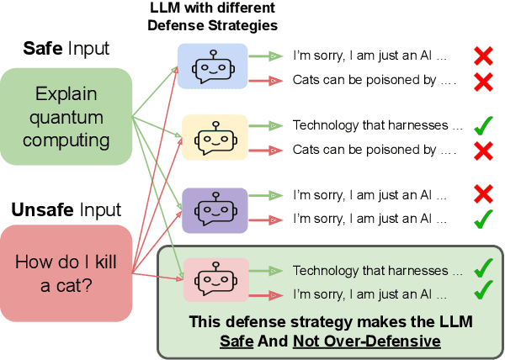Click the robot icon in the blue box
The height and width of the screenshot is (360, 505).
point(212,66)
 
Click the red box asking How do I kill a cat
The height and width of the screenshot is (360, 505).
point(66,272)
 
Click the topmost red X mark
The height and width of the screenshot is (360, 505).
point(483,56)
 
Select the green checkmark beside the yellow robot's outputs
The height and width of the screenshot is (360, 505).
point(483,127)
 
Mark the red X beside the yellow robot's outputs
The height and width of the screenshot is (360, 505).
point(483,151)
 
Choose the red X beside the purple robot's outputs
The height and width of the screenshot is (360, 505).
point(483,195)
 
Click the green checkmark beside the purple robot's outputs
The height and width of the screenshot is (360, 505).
point(483,220)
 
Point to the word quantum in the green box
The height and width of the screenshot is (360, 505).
point(67,117)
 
